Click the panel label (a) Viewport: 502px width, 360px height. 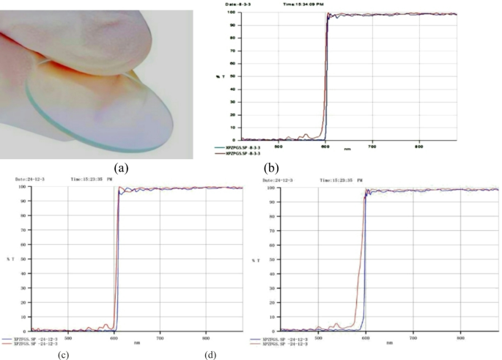pos(118,168)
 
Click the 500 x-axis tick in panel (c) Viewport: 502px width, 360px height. pos(68,338)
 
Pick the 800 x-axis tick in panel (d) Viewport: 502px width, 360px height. pos(460,338)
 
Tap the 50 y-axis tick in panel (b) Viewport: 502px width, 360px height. pos(232,76)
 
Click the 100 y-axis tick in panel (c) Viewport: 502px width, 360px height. pos(24,188)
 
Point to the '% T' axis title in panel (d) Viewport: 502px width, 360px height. pos(255,260)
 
